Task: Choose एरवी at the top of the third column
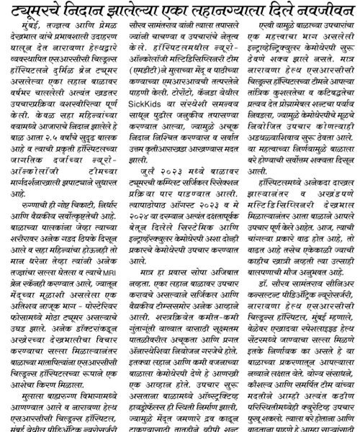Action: coord(258,32)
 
